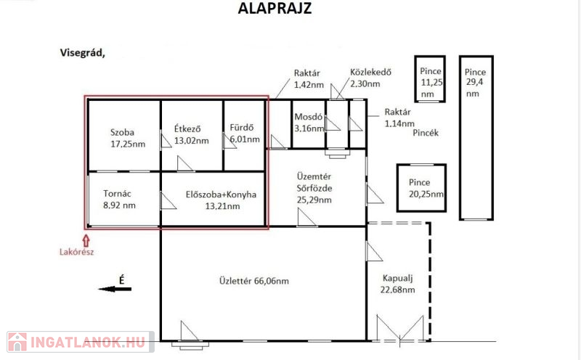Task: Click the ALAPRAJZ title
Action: click(275, 8)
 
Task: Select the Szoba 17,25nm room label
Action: click(128, 138)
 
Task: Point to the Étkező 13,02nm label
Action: click(192, 135)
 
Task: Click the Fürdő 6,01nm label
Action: click(245, 134)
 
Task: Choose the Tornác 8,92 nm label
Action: click(119, 200)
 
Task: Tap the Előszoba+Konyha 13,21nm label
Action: click(222, 200)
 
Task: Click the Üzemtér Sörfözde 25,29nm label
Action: click(314, 188)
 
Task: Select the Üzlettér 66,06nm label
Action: click(254, 281)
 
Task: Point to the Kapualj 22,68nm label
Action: click(397, 284)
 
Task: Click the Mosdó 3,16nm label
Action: click(309, 123)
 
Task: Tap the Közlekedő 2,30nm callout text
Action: click(370, 78)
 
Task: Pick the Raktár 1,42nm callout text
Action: click(309, 79)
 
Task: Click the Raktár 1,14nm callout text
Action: click(399, 118)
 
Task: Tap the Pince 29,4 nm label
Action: click(476, 83)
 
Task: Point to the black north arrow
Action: click(115, 289)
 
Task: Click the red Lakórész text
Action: click(77, 253)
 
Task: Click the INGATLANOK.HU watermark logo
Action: click(81, 342)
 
